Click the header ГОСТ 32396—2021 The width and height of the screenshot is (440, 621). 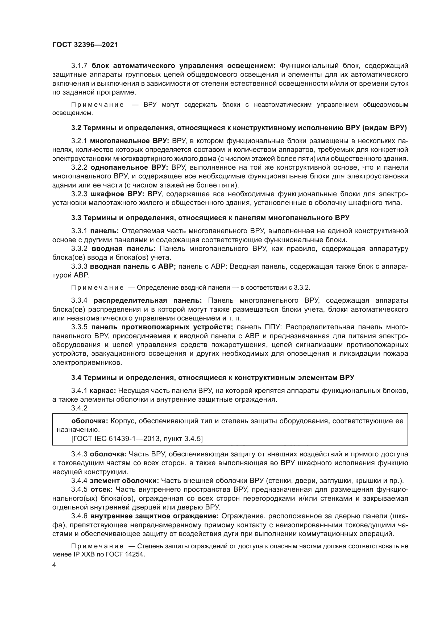[85, 45]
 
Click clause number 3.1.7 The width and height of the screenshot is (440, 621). [79, 66]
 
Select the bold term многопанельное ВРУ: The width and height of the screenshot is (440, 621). [130, 141]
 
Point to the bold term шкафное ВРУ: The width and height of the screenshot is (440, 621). [118, 194]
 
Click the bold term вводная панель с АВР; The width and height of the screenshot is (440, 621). [133, 266]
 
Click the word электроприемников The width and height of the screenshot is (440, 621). [87, 363]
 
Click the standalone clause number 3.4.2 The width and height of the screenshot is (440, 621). [79, 408]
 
